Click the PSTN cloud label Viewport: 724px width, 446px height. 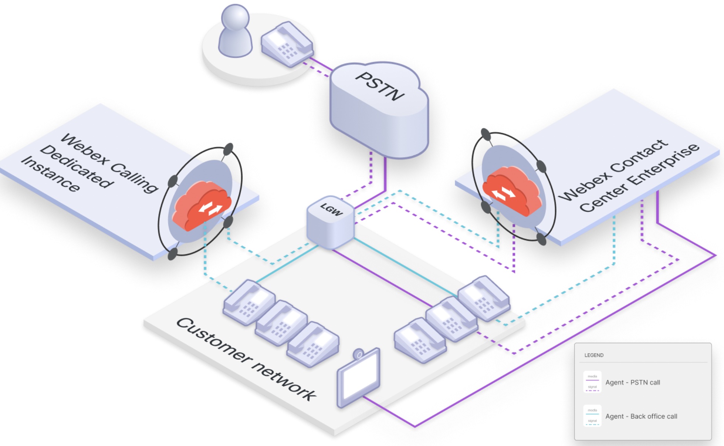(380, 87)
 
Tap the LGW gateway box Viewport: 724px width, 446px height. (330, 222)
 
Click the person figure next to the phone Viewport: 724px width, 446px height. (235, 31)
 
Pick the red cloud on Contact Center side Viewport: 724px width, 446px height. (512, 190)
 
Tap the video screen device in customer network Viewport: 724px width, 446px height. (359, 377)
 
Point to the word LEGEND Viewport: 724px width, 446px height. (594, 355)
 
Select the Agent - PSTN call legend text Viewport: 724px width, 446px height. (632, 382)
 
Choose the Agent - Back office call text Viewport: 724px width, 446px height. (641, 416)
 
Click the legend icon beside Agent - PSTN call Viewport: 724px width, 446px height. (592, 382)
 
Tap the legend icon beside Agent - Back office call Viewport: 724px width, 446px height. (592, 416)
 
